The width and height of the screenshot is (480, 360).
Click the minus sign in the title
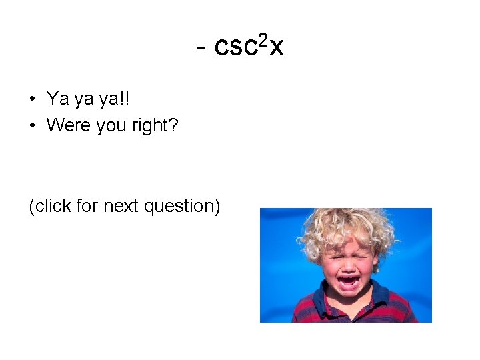202,48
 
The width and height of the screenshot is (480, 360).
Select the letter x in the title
277,47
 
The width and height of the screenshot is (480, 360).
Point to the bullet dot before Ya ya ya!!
32,99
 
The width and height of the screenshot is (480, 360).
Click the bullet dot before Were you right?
32,125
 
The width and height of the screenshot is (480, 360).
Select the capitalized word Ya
57,99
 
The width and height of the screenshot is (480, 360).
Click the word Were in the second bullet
69,125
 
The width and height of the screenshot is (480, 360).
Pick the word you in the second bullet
111,126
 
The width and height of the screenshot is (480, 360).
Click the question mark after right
173,125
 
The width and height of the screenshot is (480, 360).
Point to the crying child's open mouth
348,281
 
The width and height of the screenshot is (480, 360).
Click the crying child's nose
349,263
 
